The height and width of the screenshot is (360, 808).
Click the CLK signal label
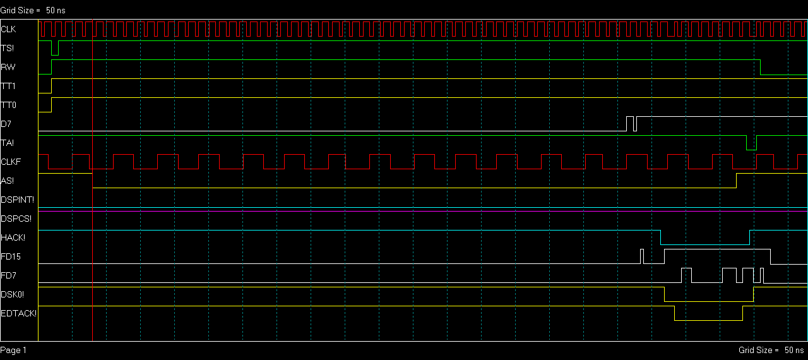8,29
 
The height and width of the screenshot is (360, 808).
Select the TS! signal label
7,48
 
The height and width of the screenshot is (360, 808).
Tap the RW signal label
8,67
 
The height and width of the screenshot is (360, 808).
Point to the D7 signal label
6,124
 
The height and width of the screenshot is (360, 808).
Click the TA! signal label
7,143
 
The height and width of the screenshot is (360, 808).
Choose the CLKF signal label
11,162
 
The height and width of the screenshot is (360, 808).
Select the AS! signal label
7,181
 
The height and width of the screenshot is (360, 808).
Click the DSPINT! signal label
17,200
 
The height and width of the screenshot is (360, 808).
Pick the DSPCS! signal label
16,219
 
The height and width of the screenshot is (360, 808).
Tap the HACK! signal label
13,237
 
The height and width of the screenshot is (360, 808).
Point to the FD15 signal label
11,257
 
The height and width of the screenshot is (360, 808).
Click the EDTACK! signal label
19,313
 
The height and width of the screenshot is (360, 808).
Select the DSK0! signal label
12,294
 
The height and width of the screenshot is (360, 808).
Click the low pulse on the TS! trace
55,55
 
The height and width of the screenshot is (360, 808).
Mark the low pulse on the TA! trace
751,150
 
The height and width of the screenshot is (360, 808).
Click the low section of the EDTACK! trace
708,320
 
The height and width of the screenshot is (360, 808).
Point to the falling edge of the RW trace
761,67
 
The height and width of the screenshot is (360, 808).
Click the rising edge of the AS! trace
736,181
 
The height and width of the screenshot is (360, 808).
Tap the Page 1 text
13,351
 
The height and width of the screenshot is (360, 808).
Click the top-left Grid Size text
33,11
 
